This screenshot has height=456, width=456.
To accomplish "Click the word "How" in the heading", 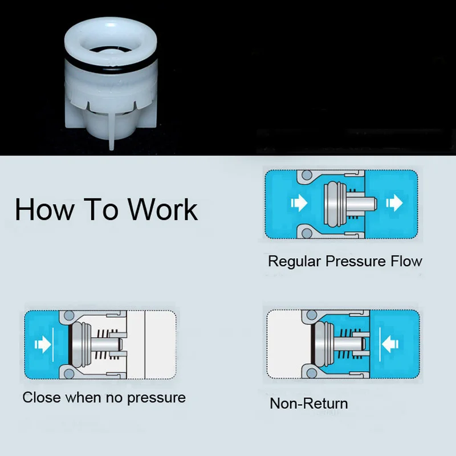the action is pos(45,209).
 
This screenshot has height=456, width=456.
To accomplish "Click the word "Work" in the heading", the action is pos(163,209).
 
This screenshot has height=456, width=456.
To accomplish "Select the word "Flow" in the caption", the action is pos(406,261).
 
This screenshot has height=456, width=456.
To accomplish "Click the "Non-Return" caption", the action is pos(309,404).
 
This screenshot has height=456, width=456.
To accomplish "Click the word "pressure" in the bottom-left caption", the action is pos(156,398).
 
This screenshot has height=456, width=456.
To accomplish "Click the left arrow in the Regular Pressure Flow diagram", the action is pos(299,202).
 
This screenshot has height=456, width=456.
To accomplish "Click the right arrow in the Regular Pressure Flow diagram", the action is pos(394,202).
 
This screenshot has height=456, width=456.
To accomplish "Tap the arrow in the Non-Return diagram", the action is pos(390,344).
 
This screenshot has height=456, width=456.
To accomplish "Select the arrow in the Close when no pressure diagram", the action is pos(43,344).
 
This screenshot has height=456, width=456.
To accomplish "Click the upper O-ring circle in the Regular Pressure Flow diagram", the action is pos(307,175).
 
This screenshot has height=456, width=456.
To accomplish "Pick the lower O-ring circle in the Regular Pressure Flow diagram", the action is pos(307,233).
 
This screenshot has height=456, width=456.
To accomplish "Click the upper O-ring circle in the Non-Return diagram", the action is pos(312,315).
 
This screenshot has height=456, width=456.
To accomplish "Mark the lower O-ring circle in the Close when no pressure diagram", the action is pos(69,373).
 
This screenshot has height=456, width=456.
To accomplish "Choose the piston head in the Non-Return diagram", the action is pos(324,344).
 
